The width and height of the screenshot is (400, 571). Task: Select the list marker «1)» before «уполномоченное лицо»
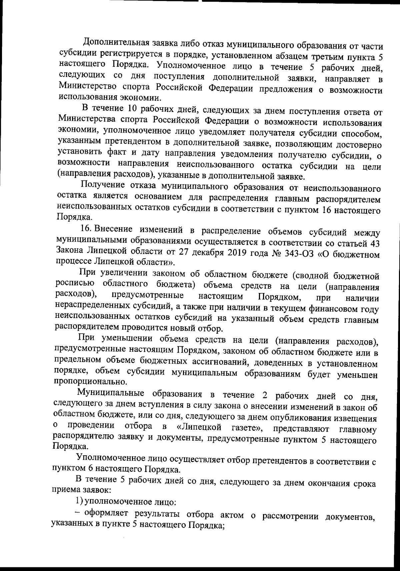[79, 502]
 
